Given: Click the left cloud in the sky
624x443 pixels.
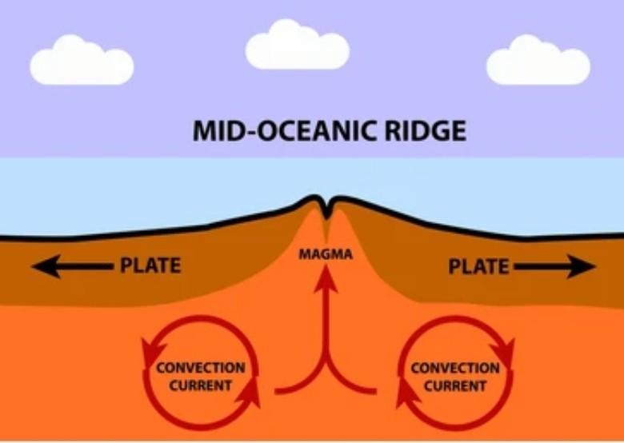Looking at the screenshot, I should point(81,61).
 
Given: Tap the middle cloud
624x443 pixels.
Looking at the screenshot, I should point(297,46).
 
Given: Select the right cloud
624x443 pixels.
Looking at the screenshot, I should point(538,61).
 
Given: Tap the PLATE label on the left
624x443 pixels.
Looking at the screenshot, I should point(150,265).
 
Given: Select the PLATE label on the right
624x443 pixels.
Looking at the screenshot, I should point(478,266).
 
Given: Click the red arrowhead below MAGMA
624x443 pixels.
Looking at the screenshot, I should point(326,277).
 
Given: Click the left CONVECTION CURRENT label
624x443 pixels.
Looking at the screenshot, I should point(200,376).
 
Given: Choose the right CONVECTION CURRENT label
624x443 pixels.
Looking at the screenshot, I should point(455,377).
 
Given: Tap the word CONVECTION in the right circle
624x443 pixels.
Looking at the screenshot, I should point(455,368).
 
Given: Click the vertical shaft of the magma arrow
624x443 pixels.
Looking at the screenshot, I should point(326,328).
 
